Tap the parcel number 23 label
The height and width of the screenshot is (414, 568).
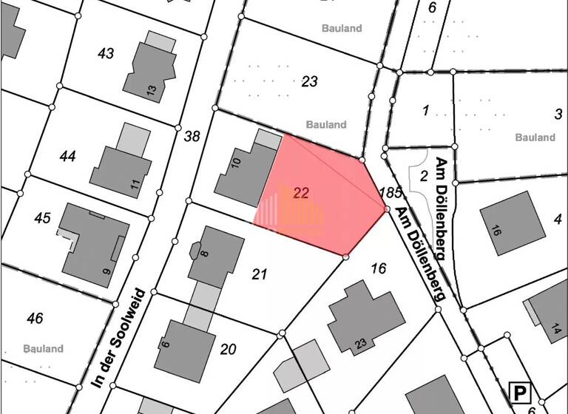coord(309,81)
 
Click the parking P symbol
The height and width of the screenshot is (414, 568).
coord(521,393)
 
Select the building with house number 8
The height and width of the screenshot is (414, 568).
coord(215,256)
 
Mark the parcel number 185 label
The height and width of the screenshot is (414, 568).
coord(389,193)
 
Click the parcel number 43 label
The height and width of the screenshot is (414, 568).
coord(106,53)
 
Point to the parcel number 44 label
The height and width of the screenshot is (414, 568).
coord(68,156)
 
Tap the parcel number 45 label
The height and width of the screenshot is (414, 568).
coord(42,218)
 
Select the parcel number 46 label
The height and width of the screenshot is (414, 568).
coord(34,319)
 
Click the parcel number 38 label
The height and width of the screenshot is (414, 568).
coord(192,136)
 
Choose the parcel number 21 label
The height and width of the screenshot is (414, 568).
coord(259,274)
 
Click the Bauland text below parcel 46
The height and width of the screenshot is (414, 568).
coord(43,349)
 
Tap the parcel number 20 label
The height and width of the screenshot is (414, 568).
coord(228,349)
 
